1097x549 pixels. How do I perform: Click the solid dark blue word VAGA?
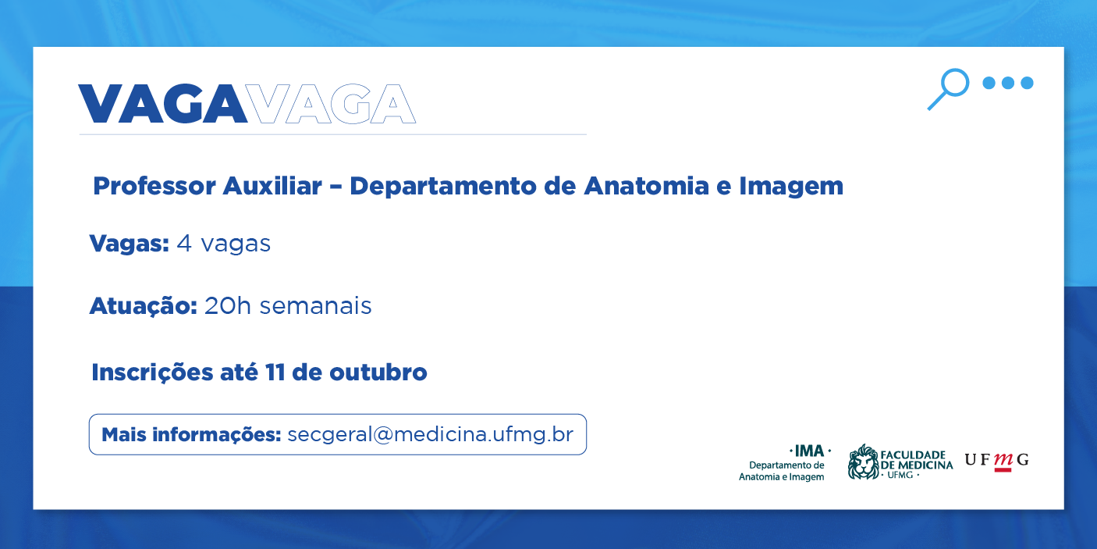[x=162, y=103]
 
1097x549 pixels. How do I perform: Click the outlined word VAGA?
[x=332, y=103]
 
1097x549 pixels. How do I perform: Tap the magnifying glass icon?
[x=948, y=89]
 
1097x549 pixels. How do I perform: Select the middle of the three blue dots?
[x=1008, y=83]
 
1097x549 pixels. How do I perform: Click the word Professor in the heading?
[x=154, y=187]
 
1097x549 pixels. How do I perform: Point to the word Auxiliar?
[x=272, y=186]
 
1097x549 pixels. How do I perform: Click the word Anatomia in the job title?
[x=647, y=186]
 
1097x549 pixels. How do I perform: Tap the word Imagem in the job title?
[x=791, y=187]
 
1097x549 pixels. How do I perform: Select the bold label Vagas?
[x=130, y=244]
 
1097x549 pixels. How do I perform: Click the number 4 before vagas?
[x=183, y=243]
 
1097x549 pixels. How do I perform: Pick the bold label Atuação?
[x=144, y=306]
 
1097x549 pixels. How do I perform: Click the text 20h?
[x=228, y=305]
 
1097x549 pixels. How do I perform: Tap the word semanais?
[x=315, y=306]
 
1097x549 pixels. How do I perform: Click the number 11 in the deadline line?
[x=275, y=373]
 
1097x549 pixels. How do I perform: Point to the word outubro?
[x=378, y=373]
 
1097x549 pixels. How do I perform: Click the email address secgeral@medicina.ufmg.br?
[x=430, y=435]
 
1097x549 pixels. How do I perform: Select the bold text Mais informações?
[x=191, y=435]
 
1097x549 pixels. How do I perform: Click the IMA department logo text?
[x=785, y=463]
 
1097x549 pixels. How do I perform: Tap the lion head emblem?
[x=864, y=462]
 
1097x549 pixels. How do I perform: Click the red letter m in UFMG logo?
[x=1003, y=461]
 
